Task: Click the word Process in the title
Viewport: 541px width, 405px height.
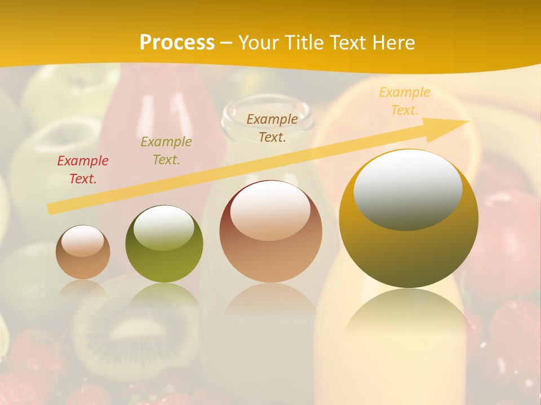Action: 177,43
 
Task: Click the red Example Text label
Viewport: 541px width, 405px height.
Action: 83,170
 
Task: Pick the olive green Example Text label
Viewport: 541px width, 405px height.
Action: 166,151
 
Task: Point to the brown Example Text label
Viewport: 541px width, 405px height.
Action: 272,128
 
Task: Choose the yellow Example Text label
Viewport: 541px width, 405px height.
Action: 404,101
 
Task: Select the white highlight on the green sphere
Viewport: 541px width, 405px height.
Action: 164,227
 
